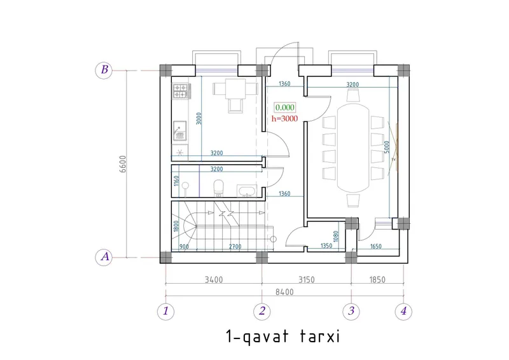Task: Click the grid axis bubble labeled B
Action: [104, 70]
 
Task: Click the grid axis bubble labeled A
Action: [104, 257]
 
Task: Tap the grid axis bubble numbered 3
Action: [351, 311]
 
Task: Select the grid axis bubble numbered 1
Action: [165, 311]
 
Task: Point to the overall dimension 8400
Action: [284, 292]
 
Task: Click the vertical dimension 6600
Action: [123, 164]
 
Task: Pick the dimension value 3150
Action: [307, 279]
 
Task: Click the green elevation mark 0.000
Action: [284, 107]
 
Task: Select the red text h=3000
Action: [284, 119]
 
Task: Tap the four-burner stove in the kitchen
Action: [181, 91]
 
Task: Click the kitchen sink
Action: [179, 131]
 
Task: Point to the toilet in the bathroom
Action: [218, 189]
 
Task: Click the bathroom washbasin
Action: [247, 191]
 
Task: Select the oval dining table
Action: [353, 148]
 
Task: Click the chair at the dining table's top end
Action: [353, 95]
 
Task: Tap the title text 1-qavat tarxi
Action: [282, 336]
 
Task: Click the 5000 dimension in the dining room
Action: [386, 147]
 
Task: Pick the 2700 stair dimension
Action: [235, 247]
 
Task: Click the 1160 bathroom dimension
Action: [176, 181]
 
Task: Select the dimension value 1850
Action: [377, 279]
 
